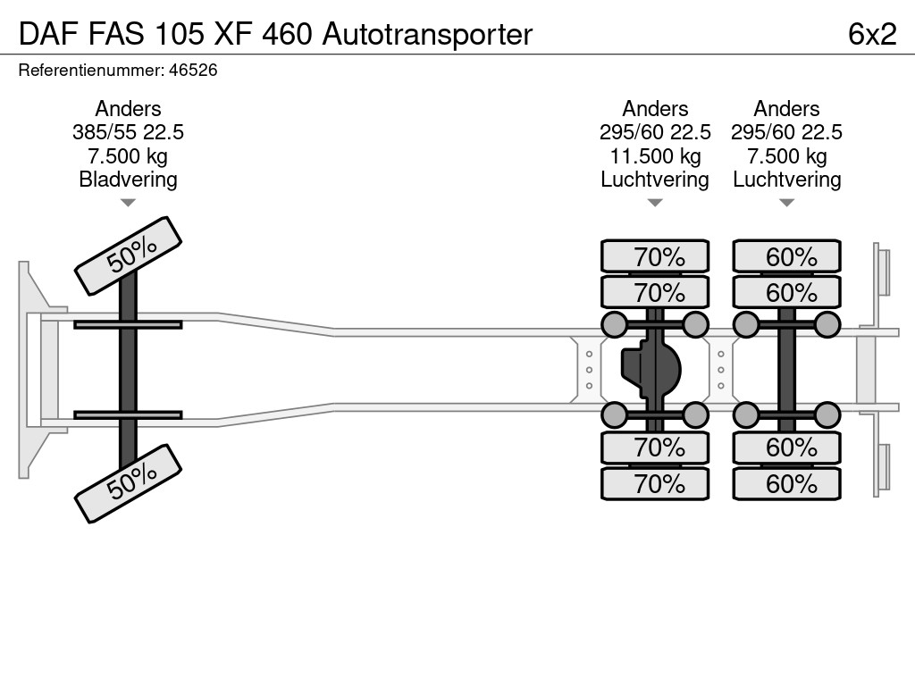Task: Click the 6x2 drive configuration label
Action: pyautogui.click(x=872, y=34)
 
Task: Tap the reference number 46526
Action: pyautogui.click(x=193, y=71)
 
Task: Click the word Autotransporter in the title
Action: pyautogui.click(x=427, y=34)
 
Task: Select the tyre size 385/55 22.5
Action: pyautogui.click(x=128, y=132)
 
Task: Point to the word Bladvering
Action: pyautogui.click(x=128, y=179)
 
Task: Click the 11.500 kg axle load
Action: pyautogui.click(x=655, y=156)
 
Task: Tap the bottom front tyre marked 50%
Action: pyautogui.click(x=129, y=483)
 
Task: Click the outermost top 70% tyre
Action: pyautogui.click(x=655, y=256)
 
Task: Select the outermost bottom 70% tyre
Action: pyautogui.click(x=655, y=483)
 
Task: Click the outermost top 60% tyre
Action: pyautogui.click(x=786, y=256)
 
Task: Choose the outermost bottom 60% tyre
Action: pyautogui.click(x=786, y=483)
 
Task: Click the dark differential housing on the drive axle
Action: pyautogui.click(x=651, y=370)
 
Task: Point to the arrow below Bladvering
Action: pyautogui.click(x=128, y=203)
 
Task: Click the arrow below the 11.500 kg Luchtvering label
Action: pyautogui.click(x=655, y=203)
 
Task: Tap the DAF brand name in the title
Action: pyautogui.click(x=49, y=34)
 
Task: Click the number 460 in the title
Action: pyautogui.click(x=287, y=34)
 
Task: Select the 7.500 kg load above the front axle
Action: pyautogui.click(x=128, y=156)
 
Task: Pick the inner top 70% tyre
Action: pyautogui.click(x=655, y=292)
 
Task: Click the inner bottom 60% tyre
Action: pyautogui.click(x=786, y=448)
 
